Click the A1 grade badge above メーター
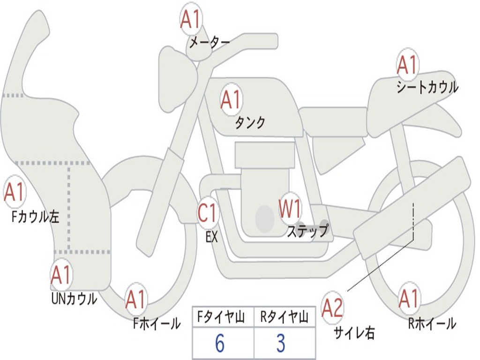coord(191,19)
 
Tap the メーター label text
coord(209,43)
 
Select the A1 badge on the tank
coord(231,100)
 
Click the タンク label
coord(250,123)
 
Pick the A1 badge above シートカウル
coord(407,65)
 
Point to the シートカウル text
coord(427,88)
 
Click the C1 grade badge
coord(208,213)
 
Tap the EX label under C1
coord(212,237)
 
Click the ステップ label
coord(307,231)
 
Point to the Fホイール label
coord(157,323)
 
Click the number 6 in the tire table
coord(219,344)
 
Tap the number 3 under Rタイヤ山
coord(280,344)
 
